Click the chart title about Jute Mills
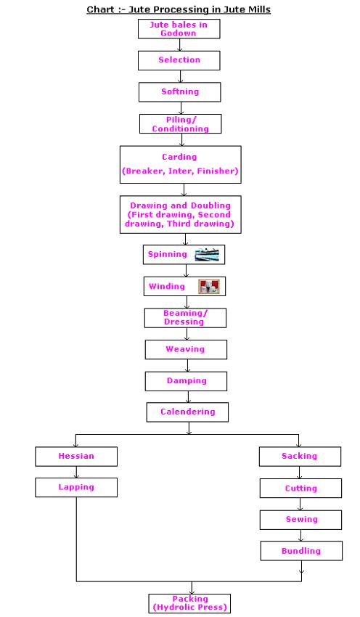coord(179,9)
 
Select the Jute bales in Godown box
coord(179,29)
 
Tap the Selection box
coord(179,60)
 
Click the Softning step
coord(180,92)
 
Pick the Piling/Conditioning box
coord(181,124)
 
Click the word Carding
coord(179,157)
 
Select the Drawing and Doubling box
coord(181,214)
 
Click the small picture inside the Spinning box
coord(207,255)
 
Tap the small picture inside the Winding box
coord(209,287)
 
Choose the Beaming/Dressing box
coord(185,318)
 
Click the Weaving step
coord(186,349)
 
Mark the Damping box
coord(186,381)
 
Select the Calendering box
coord(188,412)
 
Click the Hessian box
coord(76,457)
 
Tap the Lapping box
coord(76,488)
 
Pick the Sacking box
coord(300,457)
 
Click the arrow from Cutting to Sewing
coord(300,504)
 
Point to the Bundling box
coord(301,551)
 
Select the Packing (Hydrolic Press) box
coord(189,604)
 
